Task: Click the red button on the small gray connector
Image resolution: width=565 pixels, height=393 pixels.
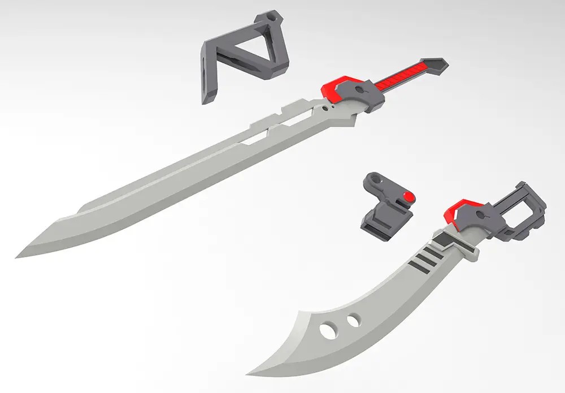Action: point(408,196)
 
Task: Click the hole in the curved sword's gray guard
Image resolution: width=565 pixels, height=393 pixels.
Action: point(481,214)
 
